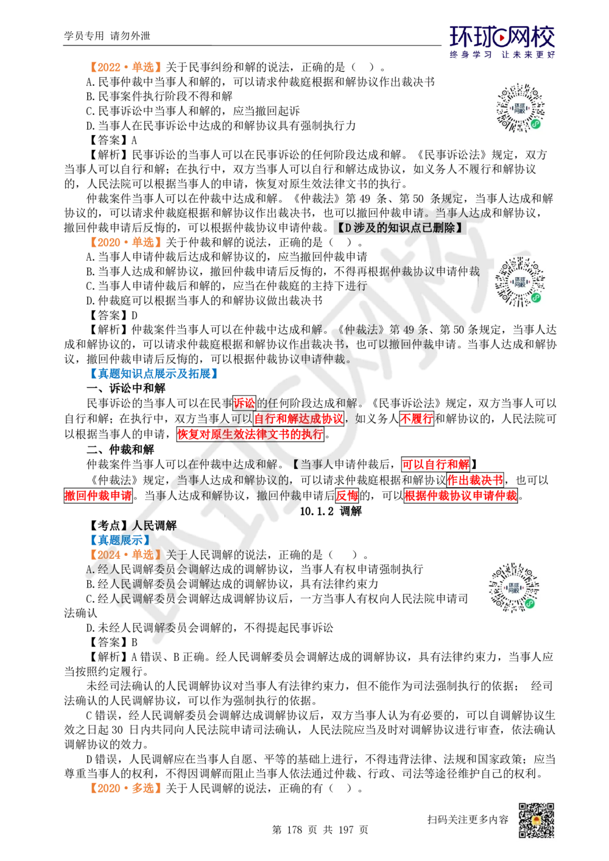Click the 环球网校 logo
coord(502,41)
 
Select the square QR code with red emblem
coord(535,820)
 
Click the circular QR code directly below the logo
coord(521,107)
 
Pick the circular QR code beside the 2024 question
coord(513,589)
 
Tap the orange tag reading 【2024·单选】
coord(125,555)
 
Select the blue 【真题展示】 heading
coord(119,539)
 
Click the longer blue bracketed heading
coord(153,373)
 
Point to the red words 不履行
coord(416,419)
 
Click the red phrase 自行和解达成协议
coord(298,419)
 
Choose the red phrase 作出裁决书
coord(475,480)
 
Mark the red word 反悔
coord(347,495)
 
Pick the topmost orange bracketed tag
coord(125,66)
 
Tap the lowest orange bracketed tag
coord(125,787)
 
